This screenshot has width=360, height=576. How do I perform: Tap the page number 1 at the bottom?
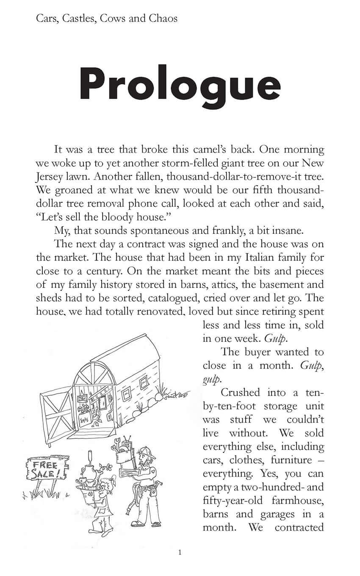180,552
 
